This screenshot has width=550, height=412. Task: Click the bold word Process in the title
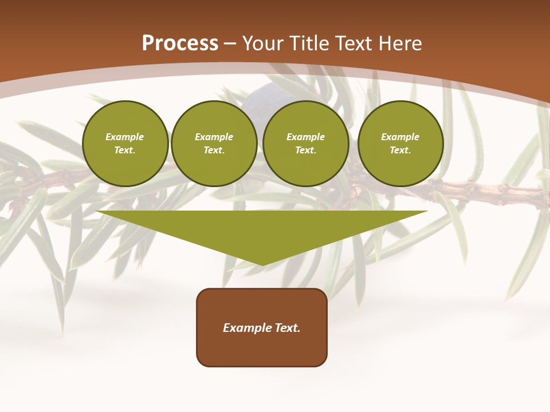pos(180,43)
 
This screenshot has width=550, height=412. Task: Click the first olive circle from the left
pos(125,144)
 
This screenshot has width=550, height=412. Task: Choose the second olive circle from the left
pos(214,144)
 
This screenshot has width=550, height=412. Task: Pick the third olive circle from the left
pos(306,144)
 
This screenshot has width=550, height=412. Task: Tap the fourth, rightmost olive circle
pos(400,144)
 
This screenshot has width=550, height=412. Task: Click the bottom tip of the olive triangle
pos(262,264)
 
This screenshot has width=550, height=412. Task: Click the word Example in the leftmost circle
pos(125,137)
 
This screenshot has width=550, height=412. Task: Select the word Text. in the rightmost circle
pos(400,150)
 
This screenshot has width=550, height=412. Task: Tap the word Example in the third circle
pos(306,137)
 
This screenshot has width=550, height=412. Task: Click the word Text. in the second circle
pos(214,150)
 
